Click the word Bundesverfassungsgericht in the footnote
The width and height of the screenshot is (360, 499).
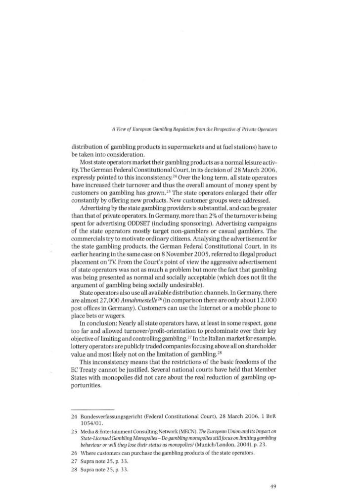click(112, 415)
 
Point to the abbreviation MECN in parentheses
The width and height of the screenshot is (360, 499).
click(198, 431)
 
